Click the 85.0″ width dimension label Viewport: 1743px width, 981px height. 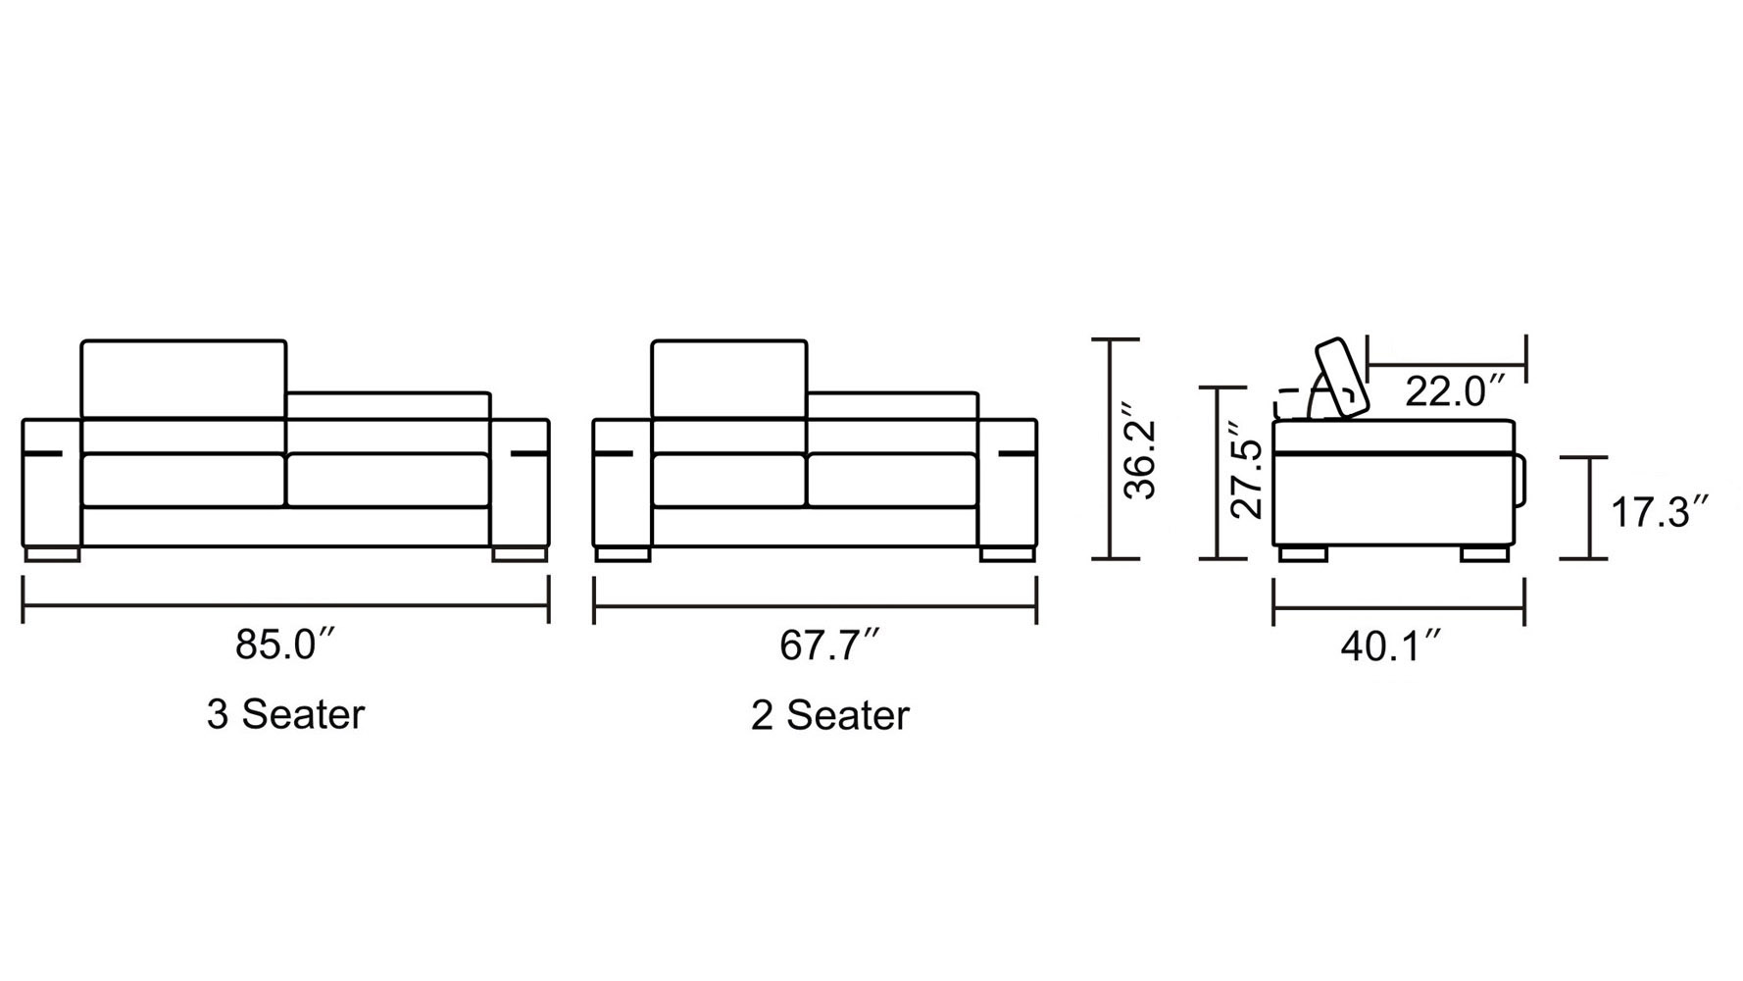coord(286,645)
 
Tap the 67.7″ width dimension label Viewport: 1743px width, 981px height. coord(829,645)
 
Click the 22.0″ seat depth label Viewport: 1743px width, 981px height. coord(1455,391)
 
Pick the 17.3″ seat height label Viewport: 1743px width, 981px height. coord(1661,512)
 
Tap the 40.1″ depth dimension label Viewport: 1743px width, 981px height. coord(1391,646)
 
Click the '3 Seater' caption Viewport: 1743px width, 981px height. coord(285,714)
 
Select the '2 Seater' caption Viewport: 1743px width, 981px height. coord(830,715)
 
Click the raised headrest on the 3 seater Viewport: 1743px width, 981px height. coord(183,380)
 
